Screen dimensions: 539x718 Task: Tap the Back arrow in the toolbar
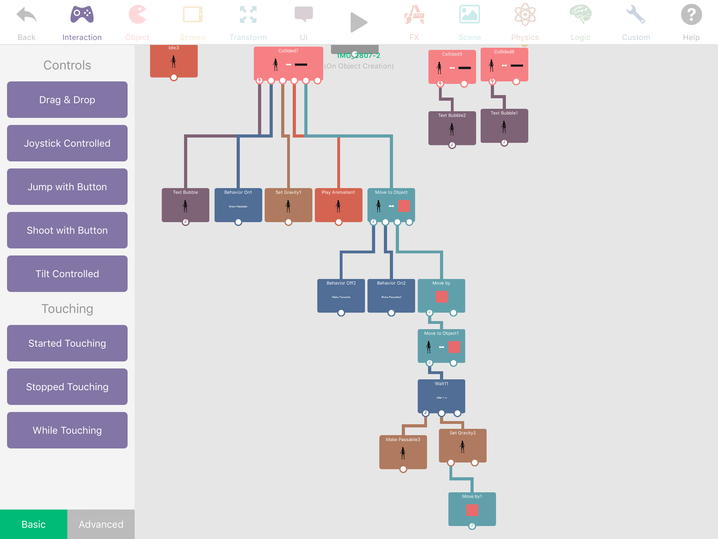27,15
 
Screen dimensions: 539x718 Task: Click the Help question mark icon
691,15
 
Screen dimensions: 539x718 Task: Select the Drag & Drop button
67,100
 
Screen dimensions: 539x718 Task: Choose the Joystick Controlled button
67,143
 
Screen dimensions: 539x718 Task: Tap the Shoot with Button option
67,230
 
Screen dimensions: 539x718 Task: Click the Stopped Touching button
67,387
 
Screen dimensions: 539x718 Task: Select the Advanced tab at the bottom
101,524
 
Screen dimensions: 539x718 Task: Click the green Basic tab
34,524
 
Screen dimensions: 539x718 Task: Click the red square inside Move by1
472,510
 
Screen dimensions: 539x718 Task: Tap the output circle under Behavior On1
238,222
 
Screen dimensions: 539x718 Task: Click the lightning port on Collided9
440,84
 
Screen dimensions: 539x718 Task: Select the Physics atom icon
525,15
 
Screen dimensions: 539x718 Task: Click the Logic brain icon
580,15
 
